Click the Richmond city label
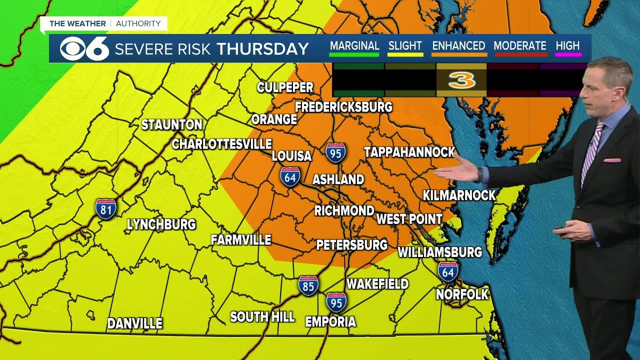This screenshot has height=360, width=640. click(x=344, y=210)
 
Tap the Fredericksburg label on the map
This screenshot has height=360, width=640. click(x=343, y=107)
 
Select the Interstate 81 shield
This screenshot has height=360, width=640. click(x=106, y=209)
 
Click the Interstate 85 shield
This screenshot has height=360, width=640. click(x=308, y=286)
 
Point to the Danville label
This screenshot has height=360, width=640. click(x=134, y=323)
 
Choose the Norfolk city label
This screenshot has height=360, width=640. click(x=462, y=294)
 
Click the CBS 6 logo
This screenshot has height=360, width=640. click(x=84, y=48)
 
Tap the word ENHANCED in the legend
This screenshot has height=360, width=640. click(x=458, y=46)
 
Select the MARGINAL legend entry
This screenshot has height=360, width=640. click(x=354, y=46)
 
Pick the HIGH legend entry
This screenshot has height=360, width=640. click(x=567, y=46)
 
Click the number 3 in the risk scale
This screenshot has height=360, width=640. click(x=461, y=80)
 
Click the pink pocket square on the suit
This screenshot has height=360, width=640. click(x=611, y=160)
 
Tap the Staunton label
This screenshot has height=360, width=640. click(x=171, y=124)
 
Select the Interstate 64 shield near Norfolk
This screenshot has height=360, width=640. click(x=448, y=271)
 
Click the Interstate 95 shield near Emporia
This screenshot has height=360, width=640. click(x=336, y=302)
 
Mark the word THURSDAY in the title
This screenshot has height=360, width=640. click(x=263, y=48)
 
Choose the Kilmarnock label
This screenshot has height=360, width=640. click(x=459, y=195)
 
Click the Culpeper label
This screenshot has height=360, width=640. click(x=285, y=87)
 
